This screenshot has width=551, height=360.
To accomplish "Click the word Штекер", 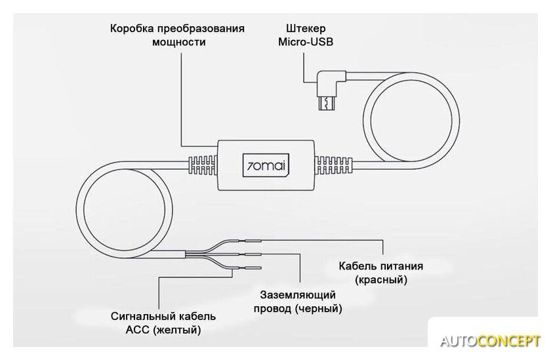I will (x=306, y=29).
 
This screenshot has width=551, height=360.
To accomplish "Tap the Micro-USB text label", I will (x=306, y=43).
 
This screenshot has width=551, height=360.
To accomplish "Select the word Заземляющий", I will (x=298, y=294).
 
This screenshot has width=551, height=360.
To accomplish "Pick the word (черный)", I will (x=319, y=308).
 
